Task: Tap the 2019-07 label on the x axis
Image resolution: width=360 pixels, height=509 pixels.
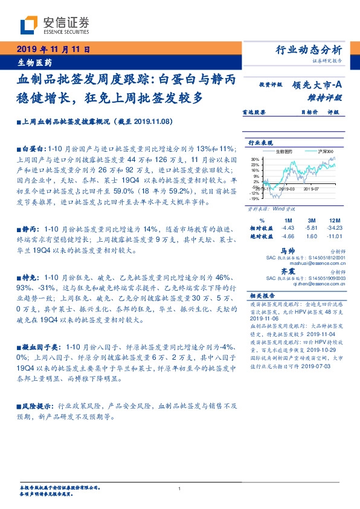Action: pyautogui.click(x=312, y=189)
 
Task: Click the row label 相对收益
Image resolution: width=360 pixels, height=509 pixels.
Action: pyautogui.click(x=262, y=227)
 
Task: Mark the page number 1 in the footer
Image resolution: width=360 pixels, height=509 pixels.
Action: pyautogui.click(x=179, y=488)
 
